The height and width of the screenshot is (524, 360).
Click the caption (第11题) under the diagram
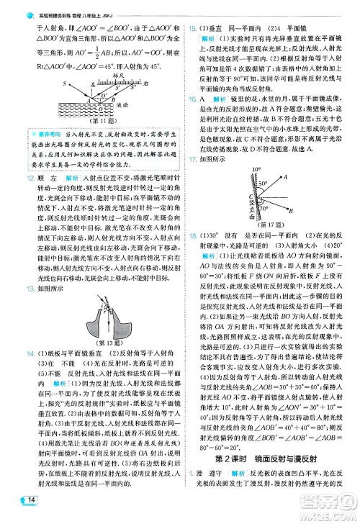[x=93, y=122]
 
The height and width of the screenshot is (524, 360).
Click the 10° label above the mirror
[x=256, y=170]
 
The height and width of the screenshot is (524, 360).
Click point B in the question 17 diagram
[x=291, y=209]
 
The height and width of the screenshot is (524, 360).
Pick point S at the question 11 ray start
[x=65, y=83]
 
